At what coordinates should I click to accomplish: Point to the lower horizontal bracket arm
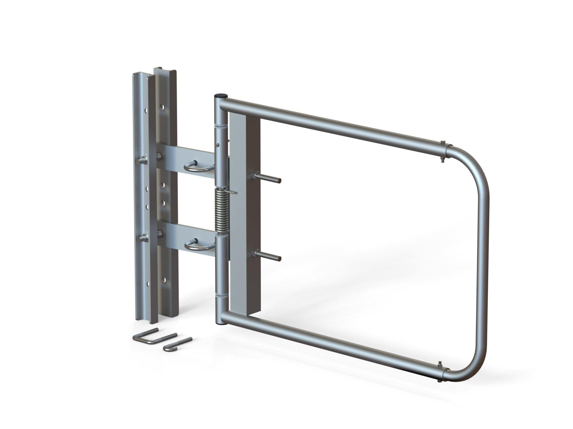186,237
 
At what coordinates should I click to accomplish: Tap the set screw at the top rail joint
443,142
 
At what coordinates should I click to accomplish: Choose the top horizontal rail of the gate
329,120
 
